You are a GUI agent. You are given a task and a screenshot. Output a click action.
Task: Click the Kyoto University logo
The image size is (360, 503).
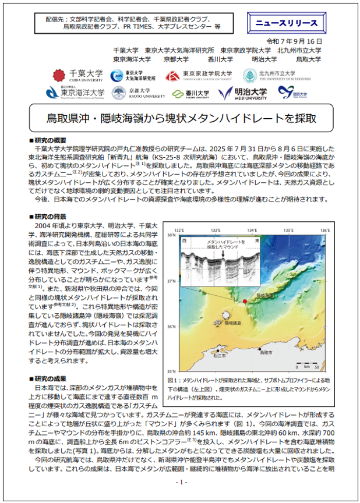point(130,93)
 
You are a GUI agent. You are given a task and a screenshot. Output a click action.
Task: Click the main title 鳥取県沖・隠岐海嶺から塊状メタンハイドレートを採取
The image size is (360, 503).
point(180,118)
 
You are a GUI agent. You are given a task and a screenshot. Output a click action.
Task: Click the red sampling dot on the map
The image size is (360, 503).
point(245,301)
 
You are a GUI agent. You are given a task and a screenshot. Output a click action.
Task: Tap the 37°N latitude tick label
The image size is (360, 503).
point(170,281)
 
